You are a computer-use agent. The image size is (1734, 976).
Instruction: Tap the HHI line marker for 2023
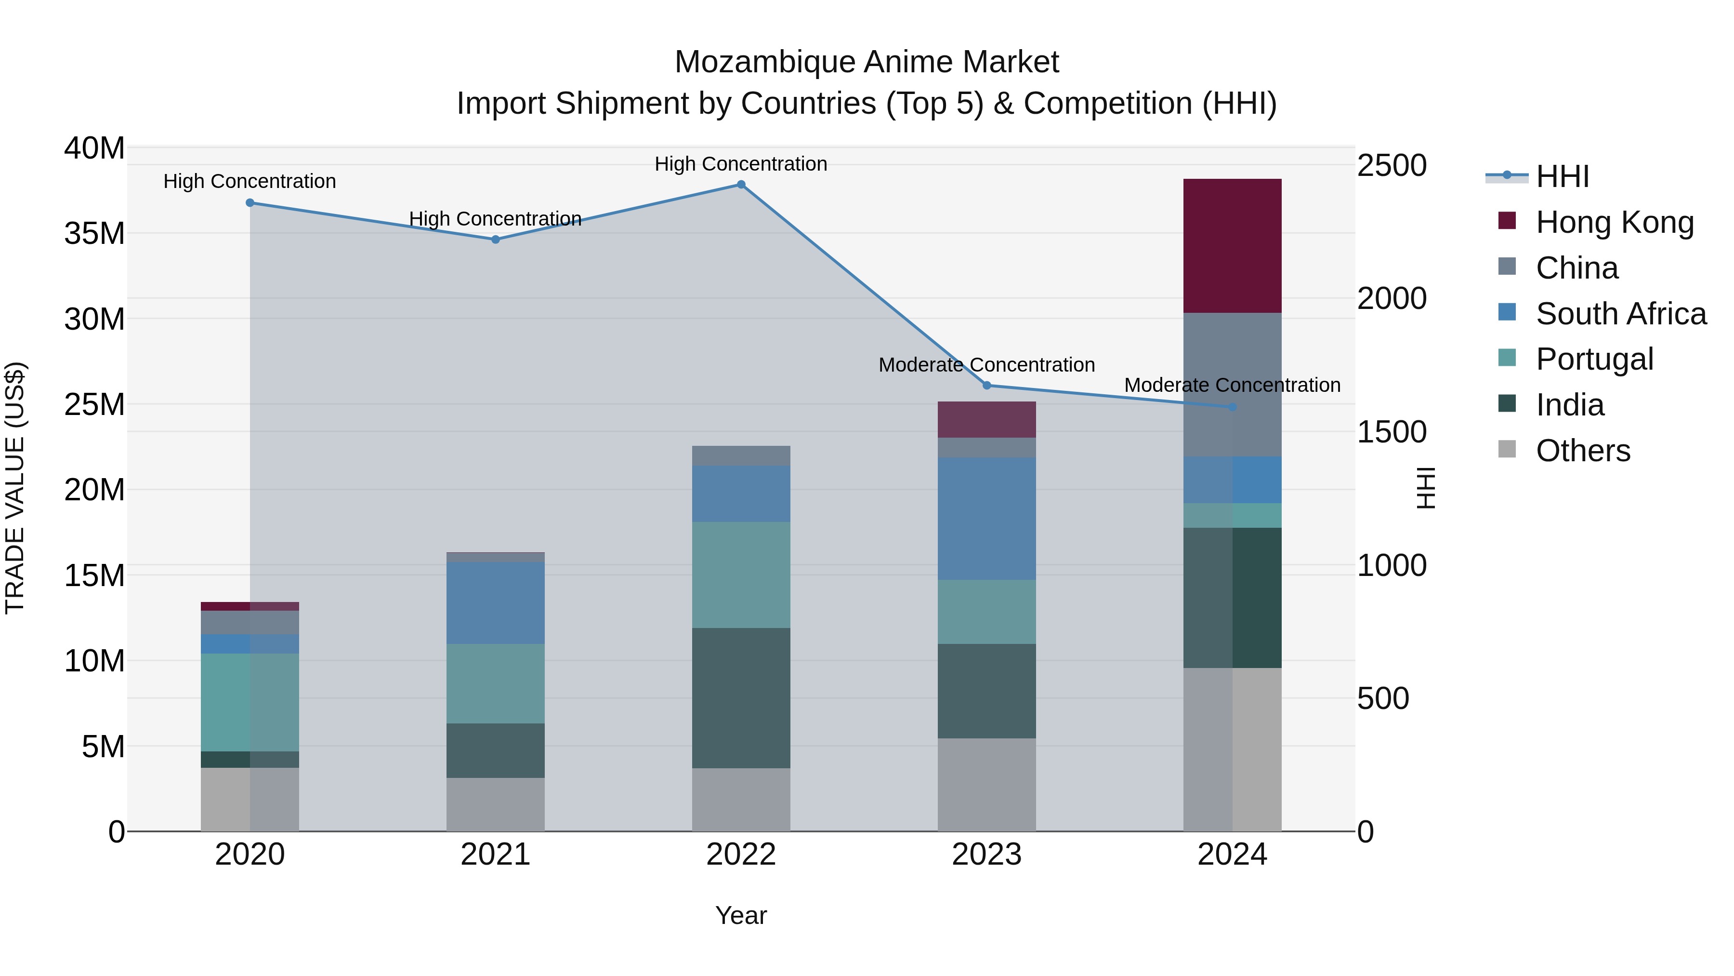tap(987, 385)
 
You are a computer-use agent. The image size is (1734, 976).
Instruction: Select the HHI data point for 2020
tap(250, 203)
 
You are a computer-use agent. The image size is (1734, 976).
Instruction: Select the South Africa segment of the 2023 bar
tap(987, 519)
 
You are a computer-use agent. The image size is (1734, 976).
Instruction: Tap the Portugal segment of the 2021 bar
tap(496, 683)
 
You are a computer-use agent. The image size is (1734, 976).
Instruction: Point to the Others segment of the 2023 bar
tap(987, 785)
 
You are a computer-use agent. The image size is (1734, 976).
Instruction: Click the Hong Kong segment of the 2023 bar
tap(987, 420)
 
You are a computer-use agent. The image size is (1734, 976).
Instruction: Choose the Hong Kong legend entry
tap(1614, 222)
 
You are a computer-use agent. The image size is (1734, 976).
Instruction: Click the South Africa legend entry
tap(1621, 314)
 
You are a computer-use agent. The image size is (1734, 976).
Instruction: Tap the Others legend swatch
tap(1507, 449)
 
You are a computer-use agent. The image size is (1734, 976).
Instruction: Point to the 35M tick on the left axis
tap(94, 234)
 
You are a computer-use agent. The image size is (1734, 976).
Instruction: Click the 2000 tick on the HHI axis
tap(1392, 298)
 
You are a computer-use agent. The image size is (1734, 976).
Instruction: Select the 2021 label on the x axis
tap(496, 855)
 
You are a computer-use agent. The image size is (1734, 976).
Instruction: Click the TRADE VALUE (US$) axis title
tap(15, 488)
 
